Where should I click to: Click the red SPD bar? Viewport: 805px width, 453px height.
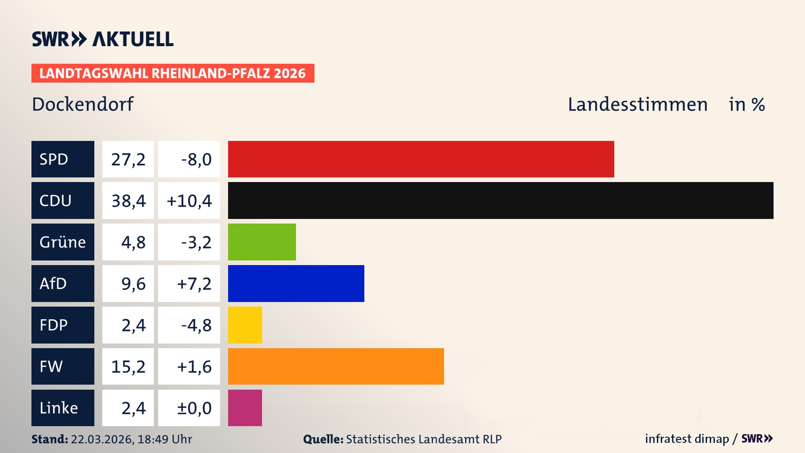[x=421, y=159]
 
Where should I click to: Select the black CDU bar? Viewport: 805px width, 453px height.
[x=501, y=200]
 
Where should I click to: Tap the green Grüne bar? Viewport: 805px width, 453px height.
[x=262, y=242]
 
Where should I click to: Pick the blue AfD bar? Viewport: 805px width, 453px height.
[x=296, y=284]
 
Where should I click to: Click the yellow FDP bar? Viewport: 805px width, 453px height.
[x=245, y=325]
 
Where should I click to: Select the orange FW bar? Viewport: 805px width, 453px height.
[x=336, y=366]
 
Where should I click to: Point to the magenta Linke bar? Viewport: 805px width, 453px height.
[x=245, y=408]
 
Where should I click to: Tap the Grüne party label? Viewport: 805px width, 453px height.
[x=63, y=242]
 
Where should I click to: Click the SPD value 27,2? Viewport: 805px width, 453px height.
[x=128, y=159]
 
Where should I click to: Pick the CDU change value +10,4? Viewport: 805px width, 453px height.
[x=190, y=201]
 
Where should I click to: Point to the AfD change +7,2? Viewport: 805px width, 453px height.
[x=194, y=284]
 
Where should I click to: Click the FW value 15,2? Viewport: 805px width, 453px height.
[x=128, y=367]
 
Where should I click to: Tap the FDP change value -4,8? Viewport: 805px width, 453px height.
[x=196, y=325]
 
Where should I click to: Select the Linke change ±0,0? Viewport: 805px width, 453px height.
[x=194, y=408]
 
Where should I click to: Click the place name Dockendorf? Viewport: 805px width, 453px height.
[x=83, y=104]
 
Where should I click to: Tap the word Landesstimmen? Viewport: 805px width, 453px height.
[x=638, y=104]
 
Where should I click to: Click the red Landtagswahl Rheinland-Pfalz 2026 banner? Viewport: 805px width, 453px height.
[x=173, y=73]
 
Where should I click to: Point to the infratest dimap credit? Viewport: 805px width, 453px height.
[x=687, y=439]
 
